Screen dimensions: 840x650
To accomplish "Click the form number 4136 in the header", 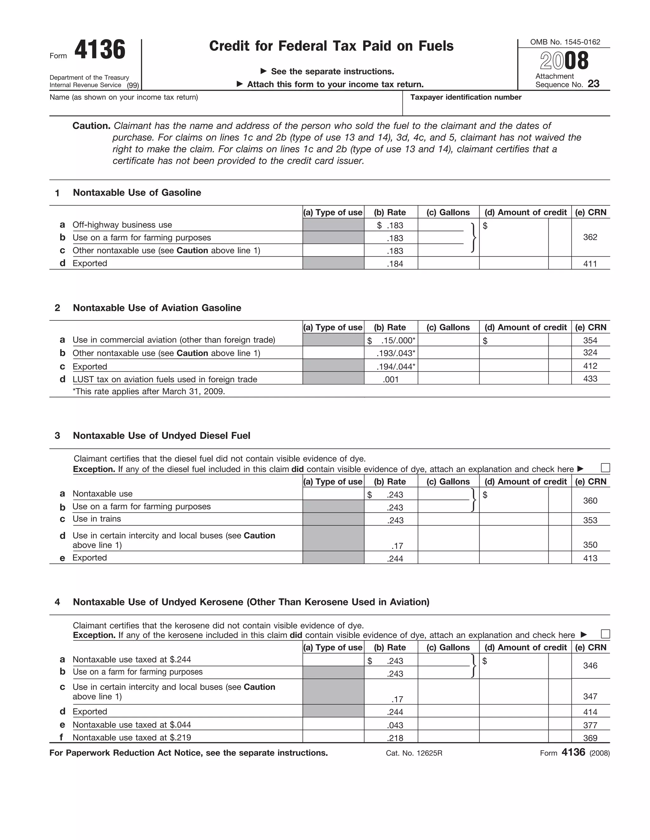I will pyautogui.click(x=100, y=50).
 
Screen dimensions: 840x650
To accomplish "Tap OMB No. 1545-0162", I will pyautogui.click(x=565, y=42).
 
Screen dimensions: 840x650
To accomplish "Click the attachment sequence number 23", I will pyautogui.click(x=594, y=84).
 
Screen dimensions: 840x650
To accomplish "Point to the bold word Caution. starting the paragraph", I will pyautogui.click(x=91, y=126).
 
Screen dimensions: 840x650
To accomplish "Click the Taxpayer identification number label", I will pyautogui.click(x=466, y=97).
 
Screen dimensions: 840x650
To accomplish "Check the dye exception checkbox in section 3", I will pyautogui.click(x=605, y=468).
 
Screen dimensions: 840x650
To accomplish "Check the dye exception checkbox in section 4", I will pyautogui.click(x=605, y=634).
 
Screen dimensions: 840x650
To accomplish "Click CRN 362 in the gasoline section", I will pyautogui.click(x=590, y=237).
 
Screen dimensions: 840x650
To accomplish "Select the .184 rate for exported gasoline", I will pyautogui.click(x=395, y=264).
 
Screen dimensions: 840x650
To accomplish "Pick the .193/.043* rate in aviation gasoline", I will pyautogui.click(x=395, y=353).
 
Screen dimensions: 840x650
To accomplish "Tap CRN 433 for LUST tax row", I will pyautogui.click(x=590, y=379).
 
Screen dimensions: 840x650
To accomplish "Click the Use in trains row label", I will pyautogui.click(x=97, y=519).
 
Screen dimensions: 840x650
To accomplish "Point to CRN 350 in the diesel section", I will pyautogui.click(x=590, y=545).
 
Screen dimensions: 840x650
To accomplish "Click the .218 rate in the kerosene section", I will pyautogui.click(x=395, y=738).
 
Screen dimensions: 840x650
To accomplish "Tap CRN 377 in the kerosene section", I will pyautogui.click(x=590, y=725).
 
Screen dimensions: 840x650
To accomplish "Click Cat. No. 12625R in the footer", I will pyautogui.click(x=414, y=753).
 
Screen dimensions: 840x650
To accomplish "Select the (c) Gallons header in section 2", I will pyautogui.click(x=448, y=327).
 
